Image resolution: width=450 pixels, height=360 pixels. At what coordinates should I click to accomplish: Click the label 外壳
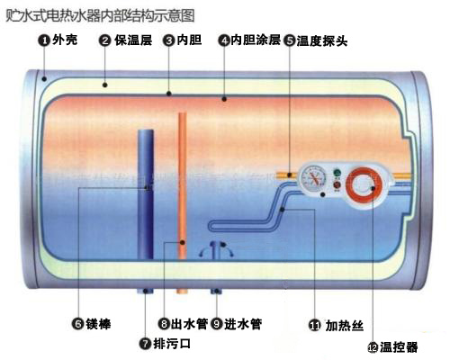coord(65,40)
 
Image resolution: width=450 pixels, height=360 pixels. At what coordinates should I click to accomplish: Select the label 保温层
coord(133,40)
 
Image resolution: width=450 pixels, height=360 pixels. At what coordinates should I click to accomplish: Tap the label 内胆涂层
coord(256,40)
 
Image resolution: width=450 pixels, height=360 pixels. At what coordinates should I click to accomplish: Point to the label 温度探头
coord(322,40)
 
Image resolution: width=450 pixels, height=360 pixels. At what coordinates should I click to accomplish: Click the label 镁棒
coord(98,324)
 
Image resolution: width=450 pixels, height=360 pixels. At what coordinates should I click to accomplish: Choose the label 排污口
coord(172,344)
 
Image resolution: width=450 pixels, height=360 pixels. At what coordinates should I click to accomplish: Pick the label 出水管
coord(189,324)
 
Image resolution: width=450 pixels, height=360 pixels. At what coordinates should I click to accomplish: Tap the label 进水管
coord(243,324)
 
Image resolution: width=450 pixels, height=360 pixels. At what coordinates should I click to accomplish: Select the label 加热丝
coord(345,326)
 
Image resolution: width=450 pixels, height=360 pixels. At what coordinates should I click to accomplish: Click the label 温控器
coord(399,347)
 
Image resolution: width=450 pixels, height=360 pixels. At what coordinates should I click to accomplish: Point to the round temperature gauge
coord(313,180)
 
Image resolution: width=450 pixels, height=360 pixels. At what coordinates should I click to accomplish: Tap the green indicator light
coord(337,173)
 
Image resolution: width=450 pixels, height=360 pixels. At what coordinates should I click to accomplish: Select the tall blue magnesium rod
coord(146,194)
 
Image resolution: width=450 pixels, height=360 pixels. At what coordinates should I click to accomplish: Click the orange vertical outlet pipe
coord(183,185)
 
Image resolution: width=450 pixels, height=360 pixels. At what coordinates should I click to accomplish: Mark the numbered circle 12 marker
coord(373,347)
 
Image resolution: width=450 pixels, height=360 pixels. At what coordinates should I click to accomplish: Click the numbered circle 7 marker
coord(146,344)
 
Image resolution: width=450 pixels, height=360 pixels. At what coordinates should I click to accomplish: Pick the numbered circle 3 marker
coord(169,40)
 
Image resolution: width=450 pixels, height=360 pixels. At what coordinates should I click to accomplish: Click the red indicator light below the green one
coord(337,184)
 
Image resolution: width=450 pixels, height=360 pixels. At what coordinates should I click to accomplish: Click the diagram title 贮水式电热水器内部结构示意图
coord(100,15)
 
